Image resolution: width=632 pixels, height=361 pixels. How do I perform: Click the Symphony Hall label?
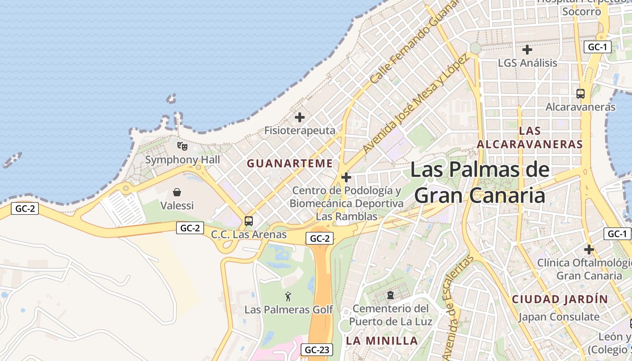[182, 160]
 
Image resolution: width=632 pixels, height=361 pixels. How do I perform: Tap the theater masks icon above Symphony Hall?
[182, 146]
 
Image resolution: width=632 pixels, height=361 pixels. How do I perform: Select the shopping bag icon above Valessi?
[177, 192]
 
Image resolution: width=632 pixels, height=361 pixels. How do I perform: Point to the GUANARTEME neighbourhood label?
[289, 163]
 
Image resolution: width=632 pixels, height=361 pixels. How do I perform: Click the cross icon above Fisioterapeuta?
[300, 117]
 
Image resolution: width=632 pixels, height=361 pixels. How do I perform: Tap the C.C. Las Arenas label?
[249, 235]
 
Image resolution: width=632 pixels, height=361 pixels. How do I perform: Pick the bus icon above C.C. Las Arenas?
[249, 221]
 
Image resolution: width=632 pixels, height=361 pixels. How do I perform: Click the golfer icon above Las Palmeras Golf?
[288, 296]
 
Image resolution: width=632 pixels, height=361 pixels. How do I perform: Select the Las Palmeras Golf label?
[288, 310]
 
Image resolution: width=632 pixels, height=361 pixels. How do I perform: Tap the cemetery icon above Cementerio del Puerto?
[390, 296]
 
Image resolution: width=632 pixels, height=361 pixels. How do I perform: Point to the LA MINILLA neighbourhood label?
[382, 340]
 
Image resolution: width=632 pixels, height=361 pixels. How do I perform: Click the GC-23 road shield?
[317, 349]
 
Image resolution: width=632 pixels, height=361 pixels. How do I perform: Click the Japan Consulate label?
[559, 317]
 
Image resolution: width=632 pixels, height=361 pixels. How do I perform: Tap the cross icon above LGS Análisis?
[527, 50]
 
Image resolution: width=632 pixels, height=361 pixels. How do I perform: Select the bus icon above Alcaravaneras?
[581, 94]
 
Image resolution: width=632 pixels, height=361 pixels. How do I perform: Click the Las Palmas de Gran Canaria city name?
[479, 183]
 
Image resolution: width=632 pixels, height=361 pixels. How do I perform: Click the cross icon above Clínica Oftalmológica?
[589, 249]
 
